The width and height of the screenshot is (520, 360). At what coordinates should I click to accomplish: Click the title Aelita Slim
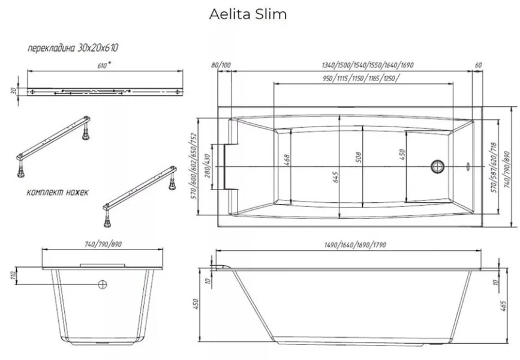[247, 14]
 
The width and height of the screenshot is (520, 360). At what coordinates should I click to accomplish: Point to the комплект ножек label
[58, 193]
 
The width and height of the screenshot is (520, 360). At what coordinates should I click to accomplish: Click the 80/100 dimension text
[221, 65]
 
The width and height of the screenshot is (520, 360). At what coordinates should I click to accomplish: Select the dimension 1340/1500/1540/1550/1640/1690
[368, 65]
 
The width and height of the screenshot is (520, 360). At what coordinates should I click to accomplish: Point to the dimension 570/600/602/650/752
[194, 166]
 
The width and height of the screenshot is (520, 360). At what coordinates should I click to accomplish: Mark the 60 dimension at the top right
[478, 65]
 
